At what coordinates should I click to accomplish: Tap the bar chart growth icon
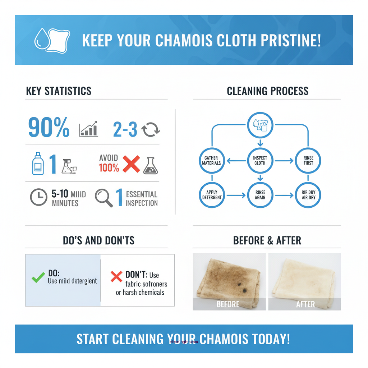tap(88, 129)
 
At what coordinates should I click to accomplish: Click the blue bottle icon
tap(38, 164)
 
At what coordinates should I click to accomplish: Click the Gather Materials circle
tap(212, 161)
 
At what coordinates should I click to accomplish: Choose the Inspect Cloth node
tap(260, 161)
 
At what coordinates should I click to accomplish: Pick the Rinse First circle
tap(308, 161)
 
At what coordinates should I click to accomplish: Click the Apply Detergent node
tap(212, 195)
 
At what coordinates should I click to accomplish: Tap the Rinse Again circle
tap(260, 195)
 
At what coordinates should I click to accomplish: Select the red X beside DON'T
tap(116, 277)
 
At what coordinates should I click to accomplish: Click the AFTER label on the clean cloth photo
tap(305, 304)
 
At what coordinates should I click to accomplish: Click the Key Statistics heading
tap(59, 91)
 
